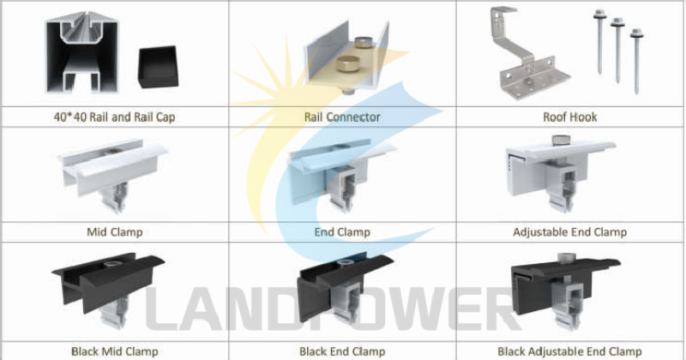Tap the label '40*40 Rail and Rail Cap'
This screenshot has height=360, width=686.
(114, 117)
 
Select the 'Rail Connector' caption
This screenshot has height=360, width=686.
(342, 117)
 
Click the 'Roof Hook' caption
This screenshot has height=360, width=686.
(570, 117)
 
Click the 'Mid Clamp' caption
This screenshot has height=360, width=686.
(114, 231)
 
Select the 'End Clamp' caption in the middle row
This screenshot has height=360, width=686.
(342, 231)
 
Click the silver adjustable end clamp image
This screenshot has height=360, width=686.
(562, 176)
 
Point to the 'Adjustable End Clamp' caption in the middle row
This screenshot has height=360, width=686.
(569, 231)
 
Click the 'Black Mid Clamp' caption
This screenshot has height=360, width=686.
(114, 351)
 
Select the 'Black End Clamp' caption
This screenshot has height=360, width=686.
(342, 351)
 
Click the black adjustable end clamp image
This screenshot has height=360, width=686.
(566, 291)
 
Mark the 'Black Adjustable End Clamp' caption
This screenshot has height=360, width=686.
(569, 351)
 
